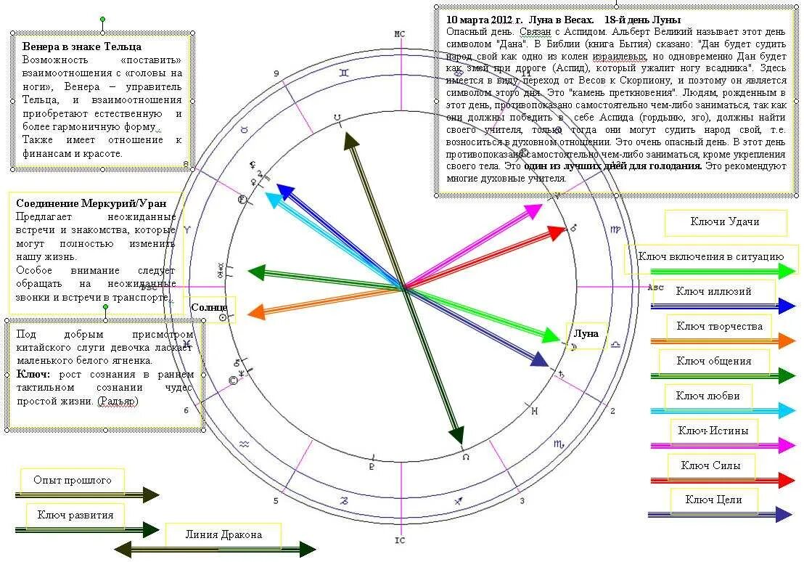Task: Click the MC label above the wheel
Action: [x=399, y=34]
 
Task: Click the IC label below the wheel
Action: [x=399, y=540]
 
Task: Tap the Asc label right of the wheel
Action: [x=655, y=288]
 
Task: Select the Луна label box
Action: [x=586, y=334]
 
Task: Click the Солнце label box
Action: [x=209, y=308]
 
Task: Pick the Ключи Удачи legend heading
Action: [x=725, y=222]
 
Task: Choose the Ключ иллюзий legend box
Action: [x=713, y=291]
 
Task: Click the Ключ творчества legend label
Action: [x=719, y=327]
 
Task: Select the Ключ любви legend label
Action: [x=707, y=396]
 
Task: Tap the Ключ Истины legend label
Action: [x=713, y=431]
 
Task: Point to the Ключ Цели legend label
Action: [x=713, y=500]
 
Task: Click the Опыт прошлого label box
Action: [x=73, y=481]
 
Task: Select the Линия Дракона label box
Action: [x=223, y=535]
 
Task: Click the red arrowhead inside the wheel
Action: [x=557, y=232]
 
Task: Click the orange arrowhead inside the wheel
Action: [x=255, y=313]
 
